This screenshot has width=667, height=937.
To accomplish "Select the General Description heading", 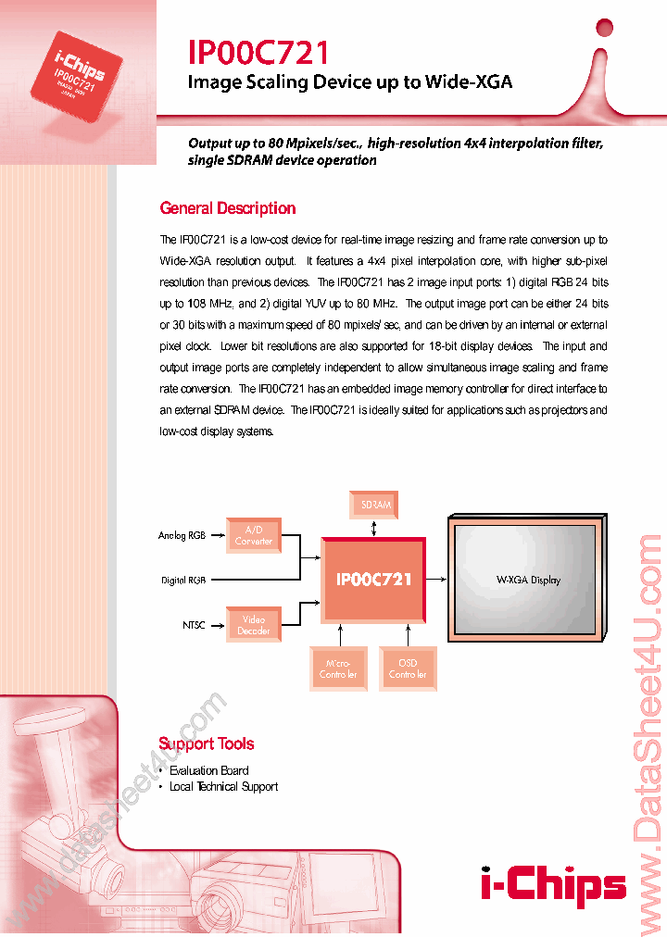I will click(228, 208).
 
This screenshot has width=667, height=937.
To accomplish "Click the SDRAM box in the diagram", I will click(375, 505).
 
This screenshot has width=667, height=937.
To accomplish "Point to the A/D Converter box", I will click(253, 535).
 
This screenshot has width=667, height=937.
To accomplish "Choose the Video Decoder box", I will click(253, 625).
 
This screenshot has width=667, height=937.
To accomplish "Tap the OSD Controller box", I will click(408, 668).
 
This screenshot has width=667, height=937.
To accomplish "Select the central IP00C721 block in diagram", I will click(373, 579).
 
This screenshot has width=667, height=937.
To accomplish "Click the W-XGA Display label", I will click(528, 581).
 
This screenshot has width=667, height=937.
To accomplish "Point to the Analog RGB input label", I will click(182, 535).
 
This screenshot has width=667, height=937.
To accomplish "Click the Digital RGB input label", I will click(182, 581).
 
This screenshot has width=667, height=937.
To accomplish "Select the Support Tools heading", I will click(206, 743).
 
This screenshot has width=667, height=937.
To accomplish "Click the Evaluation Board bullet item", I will click(208, 770).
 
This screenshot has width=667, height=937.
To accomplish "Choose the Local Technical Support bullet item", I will click(223, 786).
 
